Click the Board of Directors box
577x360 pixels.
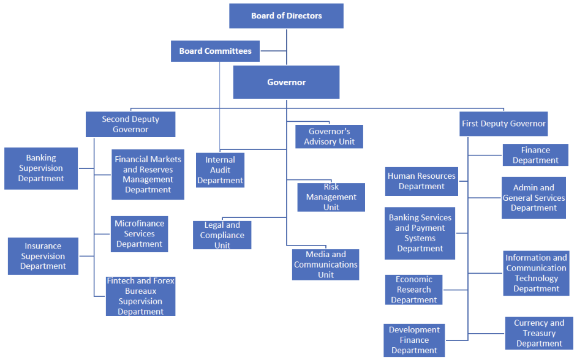click(x=286, y=16)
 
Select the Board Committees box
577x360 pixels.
click(x=215, y=51)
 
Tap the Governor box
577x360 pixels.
click(x=286, y=82)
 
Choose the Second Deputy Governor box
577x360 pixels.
click(x=130, y=124)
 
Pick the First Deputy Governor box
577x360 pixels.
click(x=503, y=124)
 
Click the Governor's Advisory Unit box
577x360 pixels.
click(x=329, y=137)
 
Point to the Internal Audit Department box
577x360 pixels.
click(x=220, y=170)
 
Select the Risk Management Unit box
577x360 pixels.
click(x=331, y=197)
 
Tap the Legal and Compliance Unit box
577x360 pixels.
click(x=222, y=235)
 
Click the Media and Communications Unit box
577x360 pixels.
click(x=325, y=264)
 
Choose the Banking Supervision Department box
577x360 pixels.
click(x=41, y=168)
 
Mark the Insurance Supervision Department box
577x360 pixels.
click(x=43, y=256)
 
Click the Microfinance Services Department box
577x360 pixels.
click(x=140, y=234)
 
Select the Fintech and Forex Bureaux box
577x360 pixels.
click(x=140, y=296)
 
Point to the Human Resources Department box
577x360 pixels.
click(x=421, y=181)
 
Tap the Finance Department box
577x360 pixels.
click(x=535, y=155)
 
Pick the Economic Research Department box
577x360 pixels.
click(x=414, y=290)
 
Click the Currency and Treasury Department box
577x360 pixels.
click(x=539, y=333)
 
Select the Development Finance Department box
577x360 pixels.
click(x=414, y=340)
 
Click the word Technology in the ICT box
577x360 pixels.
click(x=537, y=279)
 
